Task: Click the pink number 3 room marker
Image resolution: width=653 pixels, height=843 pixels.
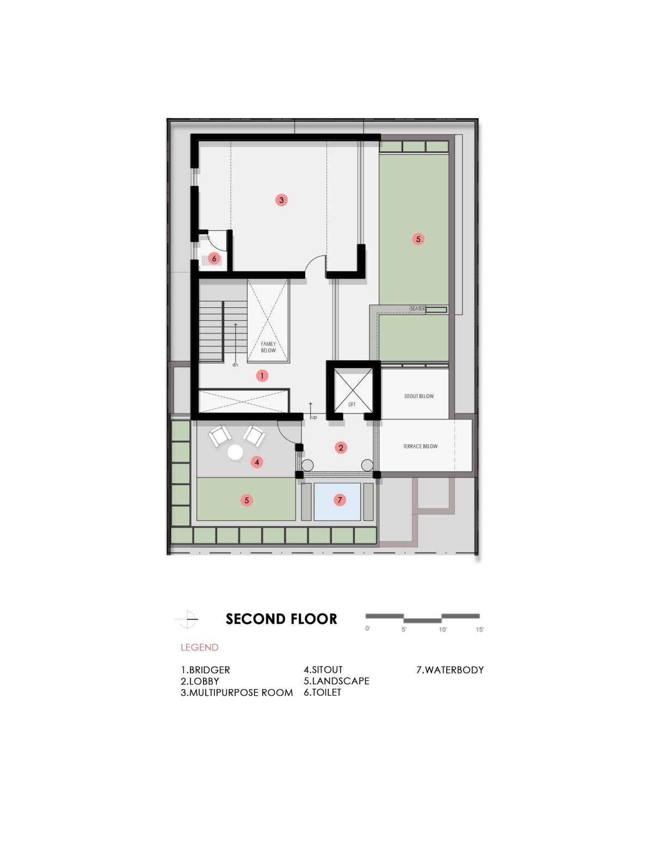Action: tap(281, 200)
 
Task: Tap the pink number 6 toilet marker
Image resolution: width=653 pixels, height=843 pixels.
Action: tap(214, 258)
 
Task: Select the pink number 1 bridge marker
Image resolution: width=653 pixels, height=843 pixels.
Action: tap(262, 375)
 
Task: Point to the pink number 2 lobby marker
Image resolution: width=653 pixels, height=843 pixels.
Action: tap(341, 448)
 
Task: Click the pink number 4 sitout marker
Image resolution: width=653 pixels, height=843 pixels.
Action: tap(256, 462)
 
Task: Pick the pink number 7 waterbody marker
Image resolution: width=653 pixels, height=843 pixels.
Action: tap(340, 500)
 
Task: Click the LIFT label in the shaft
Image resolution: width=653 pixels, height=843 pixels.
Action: tap(352, 404)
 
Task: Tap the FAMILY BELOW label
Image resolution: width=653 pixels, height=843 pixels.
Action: tap(268, 347)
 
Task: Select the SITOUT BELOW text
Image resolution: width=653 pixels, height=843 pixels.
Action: tap(418, 396)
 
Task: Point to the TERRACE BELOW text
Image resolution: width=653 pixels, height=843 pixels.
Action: tap(420, 446)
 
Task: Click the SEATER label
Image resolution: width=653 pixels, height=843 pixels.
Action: tap(417, 308)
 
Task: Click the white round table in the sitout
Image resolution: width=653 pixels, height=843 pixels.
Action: tap(235, 453)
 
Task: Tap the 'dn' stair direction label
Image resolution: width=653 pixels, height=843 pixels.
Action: tap(235, 365)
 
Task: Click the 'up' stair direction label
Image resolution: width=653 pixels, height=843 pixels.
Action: tap(313, 417)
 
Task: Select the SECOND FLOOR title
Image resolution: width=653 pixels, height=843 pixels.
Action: tap(281, 619)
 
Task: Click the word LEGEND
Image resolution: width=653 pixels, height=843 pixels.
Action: tap(199, 647)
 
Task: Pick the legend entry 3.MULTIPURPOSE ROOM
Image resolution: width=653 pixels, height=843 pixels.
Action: tap(237, 692)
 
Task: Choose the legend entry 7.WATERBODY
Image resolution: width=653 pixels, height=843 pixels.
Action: tap(449, 670)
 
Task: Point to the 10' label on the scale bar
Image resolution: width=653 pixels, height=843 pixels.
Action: tap(442, 629)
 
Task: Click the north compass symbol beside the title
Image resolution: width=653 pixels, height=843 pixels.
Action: tap(187, 619)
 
